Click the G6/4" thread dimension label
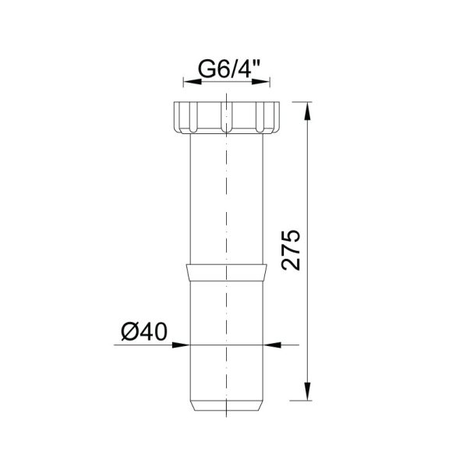pos(229,69)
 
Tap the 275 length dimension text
pos(291,250)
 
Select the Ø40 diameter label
pos(144,331)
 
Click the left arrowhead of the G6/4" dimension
pos(193,82)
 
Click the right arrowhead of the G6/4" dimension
pos(261,82)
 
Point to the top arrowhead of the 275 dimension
pos(307,111)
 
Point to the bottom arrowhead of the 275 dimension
pos(307,391)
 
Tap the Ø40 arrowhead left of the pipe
pos(181,345)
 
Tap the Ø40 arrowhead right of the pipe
pos(272,345)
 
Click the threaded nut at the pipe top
pos(227,118)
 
